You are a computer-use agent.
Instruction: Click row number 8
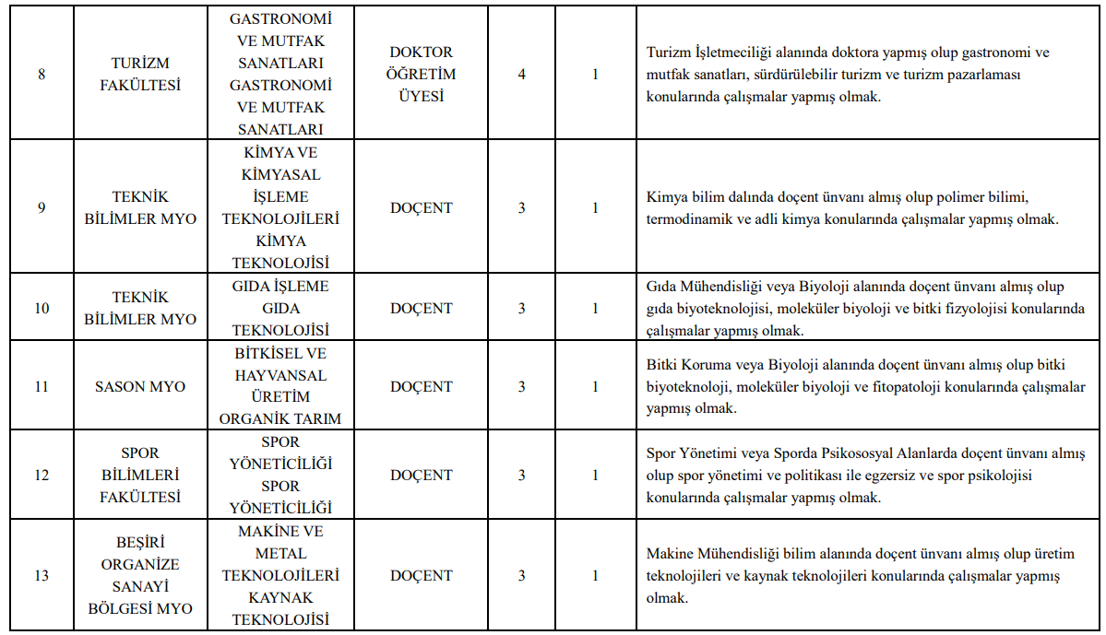pos(42,75)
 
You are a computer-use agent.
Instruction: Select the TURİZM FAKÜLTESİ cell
pos(141,75)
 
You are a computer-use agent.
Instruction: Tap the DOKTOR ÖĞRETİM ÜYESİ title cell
pos(422,75)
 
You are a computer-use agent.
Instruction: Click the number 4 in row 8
pos(522,75)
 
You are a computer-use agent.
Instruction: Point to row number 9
pos(42,208)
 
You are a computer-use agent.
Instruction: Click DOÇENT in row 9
pos(422,208)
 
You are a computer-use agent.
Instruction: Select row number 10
pos(42,309)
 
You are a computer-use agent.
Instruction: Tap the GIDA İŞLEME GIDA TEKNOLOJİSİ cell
pos(280,309)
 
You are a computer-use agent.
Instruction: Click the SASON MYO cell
pos(140,387)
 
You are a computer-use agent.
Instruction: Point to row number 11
pos(42,387)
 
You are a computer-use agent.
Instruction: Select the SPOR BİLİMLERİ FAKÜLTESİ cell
pos(141,476)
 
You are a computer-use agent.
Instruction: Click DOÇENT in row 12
pos(422,476)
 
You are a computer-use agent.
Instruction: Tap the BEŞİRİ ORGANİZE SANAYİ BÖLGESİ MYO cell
pos(141,576)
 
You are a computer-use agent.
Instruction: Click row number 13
pos(42,576)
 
